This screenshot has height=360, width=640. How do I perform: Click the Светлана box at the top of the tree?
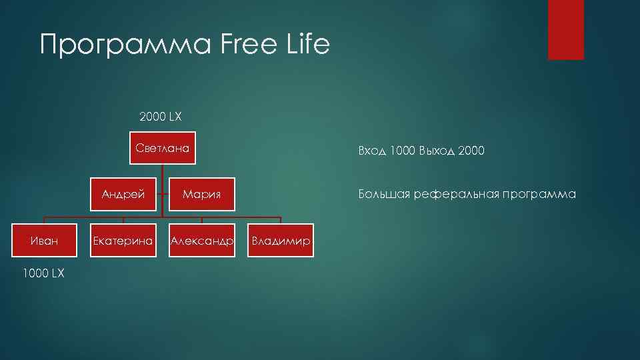tap(163, 148)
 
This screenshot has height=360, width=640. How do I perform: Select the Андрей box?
tap(123, 195)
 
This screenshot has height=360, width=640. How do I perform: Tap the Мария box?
tap(202, 195)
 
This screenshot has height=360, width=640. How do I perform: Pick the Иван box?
tap(44, 241)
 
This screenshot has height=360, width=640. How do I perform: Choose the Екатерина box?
tap(123, 241)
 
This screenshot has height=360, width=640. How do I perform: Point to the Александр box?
tap(202, 241)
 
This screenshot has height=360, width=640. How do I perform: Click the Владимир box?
tap(281, 241)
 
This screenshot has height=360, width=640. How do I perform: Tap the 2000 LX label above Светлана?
tap(160, 117)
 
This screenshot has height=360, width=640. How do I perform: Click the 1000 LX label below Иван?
tap(44, 273)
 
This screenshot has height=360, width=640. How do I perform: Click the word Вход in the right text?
tap(372, 151)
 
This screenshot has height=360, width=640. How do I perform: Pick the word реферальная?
tap(456, 195)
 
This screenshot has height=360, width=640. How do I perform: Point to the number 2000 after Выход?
tap(472, 151)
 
